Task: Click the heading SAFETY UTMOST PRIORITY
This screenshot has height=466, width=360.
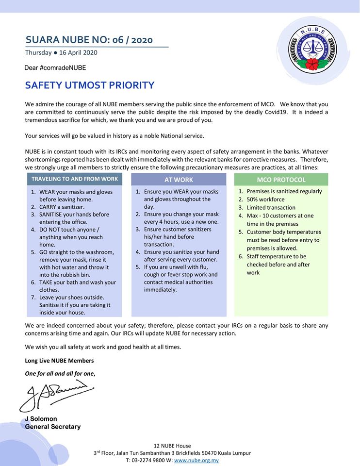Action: (x=90, y=85)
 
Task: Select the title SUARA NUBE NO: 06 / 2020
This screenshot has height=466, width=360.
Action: (x=89, y=40)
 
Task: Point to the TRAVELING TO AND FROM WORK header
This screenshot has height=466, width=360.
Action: (x=75, y=179)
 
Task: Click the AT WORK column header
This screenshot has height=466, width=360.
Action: (x=179, y=180)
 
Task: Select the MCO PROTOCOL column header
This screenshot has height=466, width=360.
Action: (x=281, y=180)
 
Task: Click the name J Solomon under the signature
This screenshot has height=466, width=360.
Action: (x=41, y=419)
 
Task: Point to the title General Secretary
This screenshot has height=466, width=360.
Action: (x=53, y=427)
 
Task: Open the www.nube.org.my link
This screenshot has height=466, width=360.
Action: (x=196, y=460)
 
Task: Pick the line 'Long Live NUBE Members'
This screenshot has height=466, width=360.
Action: (x=59, y=361)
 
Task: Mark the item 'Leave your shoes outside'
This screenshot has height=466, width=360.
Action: (x=72, y=297)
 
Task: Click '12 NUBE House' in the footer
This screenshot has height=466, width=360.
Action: (x=172, y=446)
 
